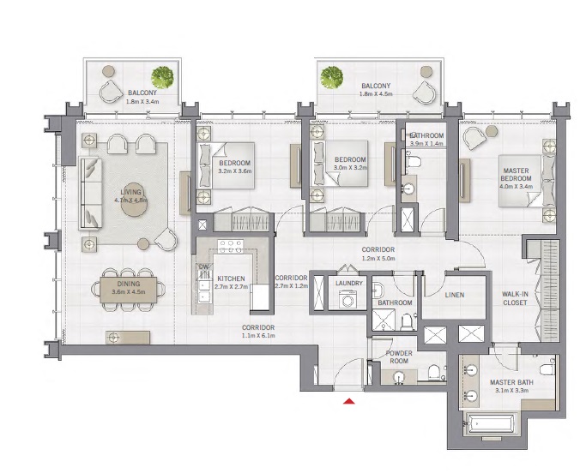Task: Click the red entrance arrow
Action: coord(349,399)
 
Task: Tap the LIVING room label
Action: coord(130,191)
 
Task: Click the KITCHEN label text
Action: coord(230,279)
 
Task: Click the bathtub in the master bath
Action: coord(490,423)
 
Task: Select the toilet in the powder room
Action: coord(435,371)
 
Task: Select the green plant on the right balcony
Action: coord(331,77)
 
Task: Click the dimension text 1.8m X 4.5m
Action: coord(376,96)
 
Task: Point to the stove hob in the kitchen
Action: coord(230,247)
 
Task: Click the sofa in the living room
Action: coord(88,193)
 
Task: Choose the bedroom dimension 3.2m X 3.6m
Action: coord(234,171)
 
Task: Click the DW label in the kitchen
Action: coord(203,267)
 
